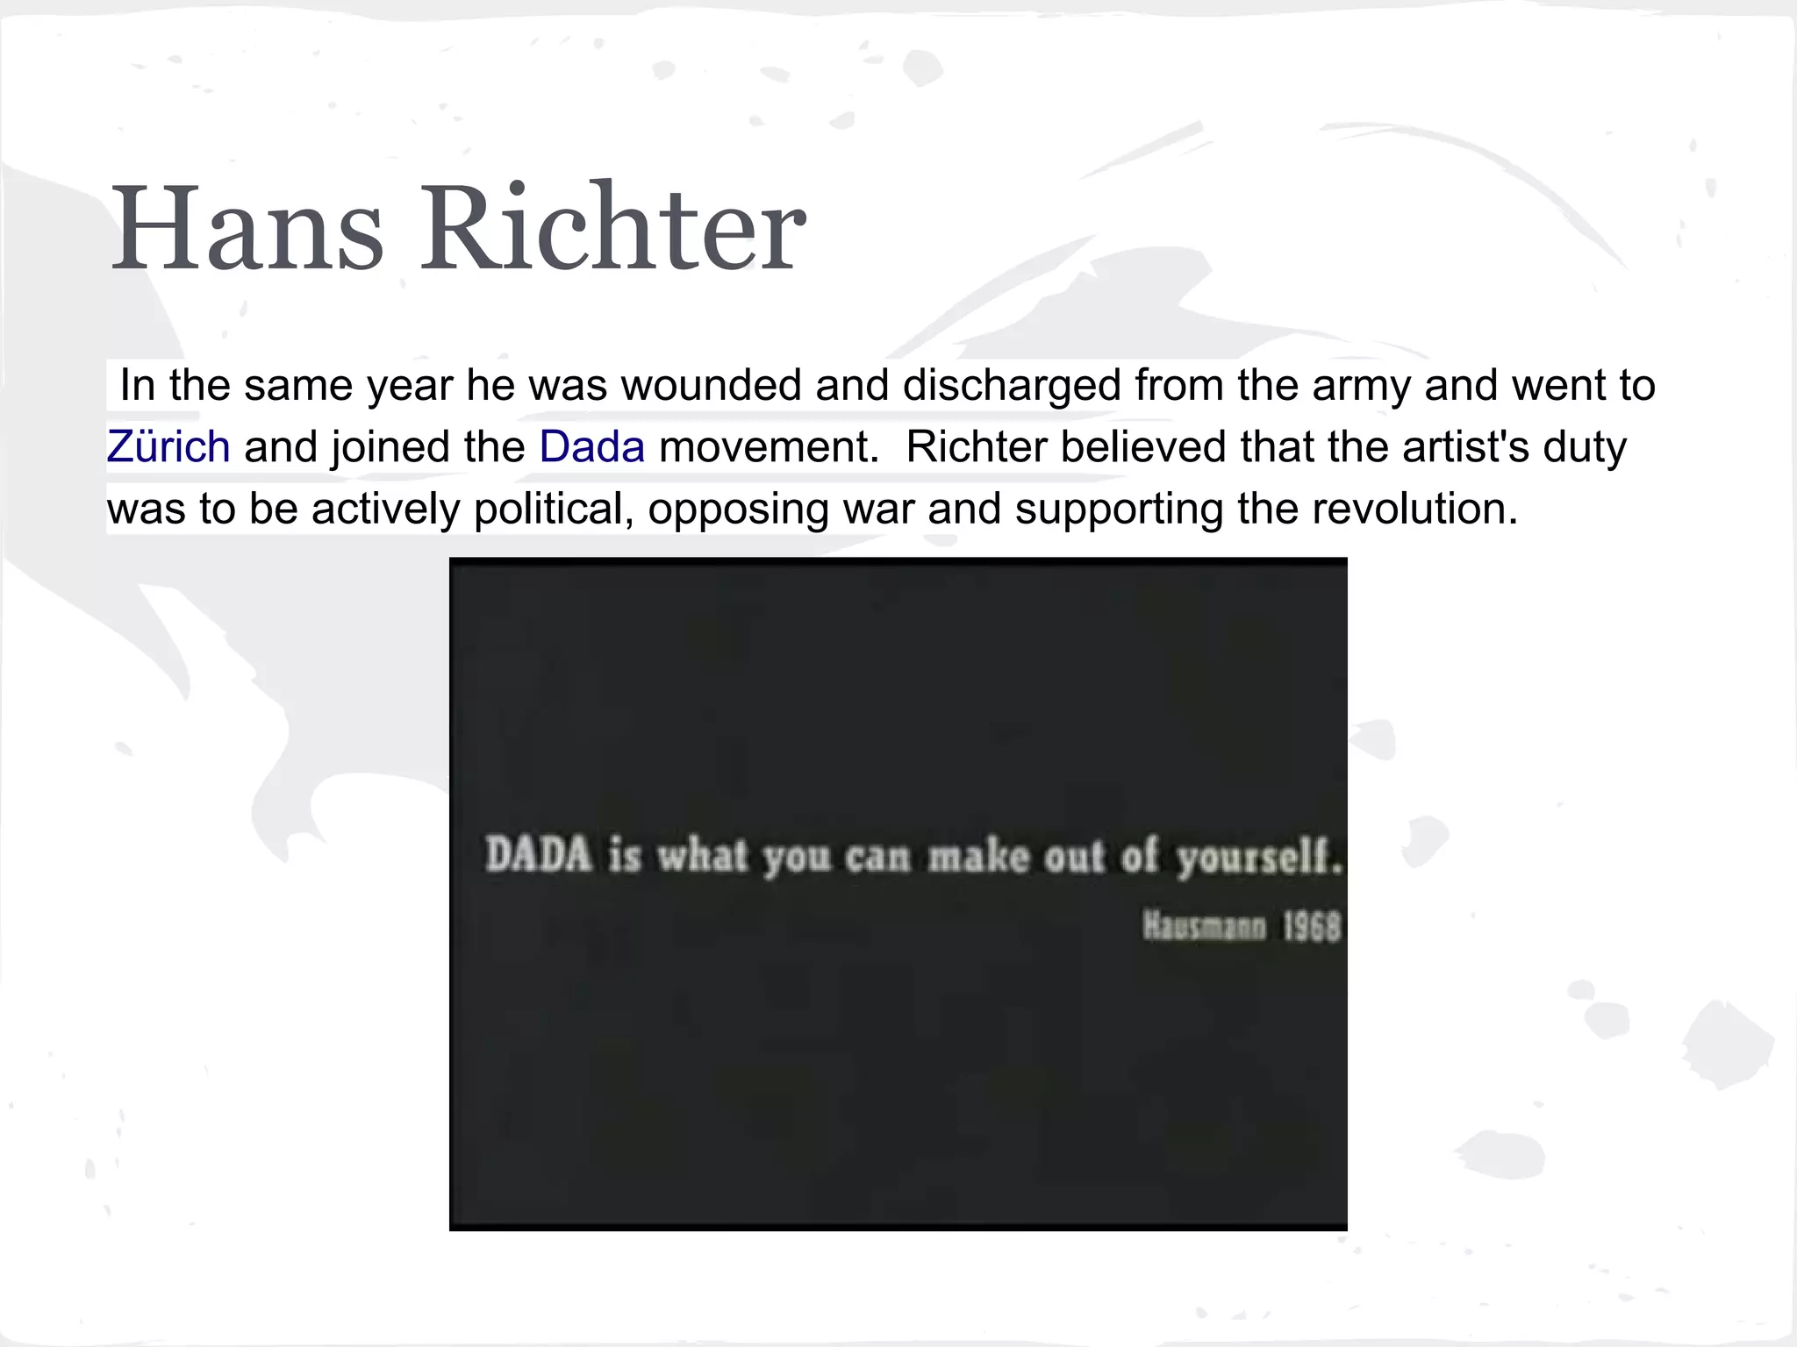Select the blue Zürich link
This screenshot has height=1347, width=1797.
tap(168, 446)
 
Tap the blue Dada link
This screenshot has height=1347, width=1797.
tap(592, 446)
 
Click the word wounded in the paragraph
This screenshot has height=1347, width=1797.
tap(712, 385)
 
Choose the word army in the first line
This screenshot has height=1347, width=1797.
tap(1361, 385)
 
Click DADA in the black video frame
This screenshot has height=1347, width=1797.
tap(539, 854)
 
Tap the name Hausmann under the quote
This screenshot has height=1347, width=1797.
tap(1204, 926)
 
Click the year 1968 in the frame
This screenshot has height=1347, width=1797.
tap(1312, 926)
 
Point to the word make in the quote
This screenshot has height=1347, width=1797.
tap(979, 856)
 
